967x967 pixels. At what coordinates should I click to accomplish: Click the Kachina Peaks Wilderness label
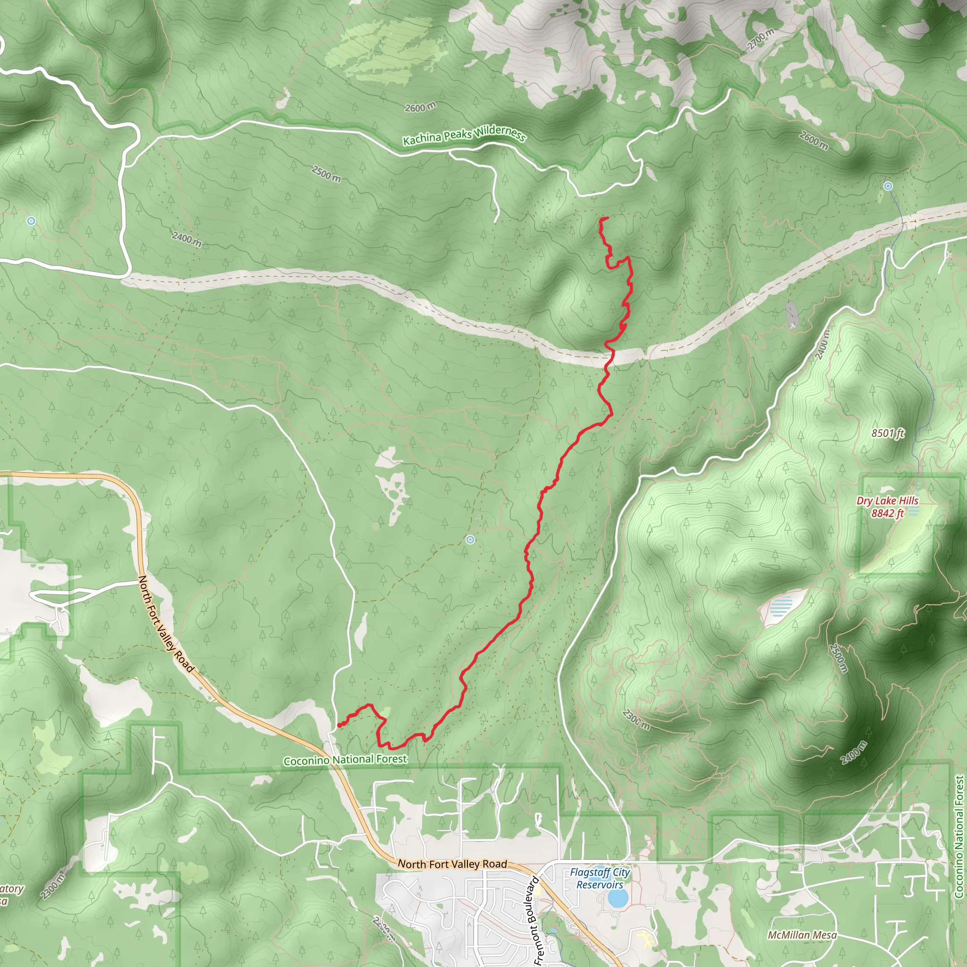(465, 135)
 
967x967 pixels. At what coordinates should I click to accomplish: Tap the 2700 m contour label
(760, 39)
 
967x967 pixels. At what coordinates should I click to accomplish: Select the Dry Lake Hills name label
(887, 501)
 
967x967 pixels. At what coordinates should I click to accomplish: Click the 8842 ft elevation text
(887, 513)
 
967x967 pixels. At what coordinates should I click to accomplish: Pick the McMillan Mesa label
(802, 935)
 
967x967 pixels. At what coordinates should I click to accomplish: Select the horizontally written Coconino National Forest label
(345, 760)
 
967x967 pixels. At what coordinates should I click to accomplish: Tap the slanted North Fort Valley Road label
(166, 624)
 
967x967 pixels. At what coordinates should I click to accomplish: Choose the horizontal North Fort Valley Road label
(452, 865)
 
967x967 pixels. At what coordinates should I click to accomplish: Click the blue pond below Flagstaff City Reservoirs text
(618, 899)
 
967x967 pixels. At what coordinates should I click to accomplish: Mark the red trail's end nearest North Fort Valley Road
(339, 725)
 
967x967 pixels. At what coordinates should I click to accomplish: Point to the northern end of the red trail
(607, 218)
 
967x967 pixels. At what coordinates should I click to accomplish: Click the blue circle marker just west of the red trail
(470, 540)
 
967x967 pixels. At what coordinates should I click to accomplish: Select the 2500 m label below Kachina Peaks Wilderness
(326, 174)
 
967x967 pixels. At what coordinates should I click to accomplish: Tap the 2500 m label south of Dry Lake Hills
(839, 658)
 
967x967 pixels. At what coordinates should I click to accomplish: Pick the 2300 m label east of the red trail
(636, 720)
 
